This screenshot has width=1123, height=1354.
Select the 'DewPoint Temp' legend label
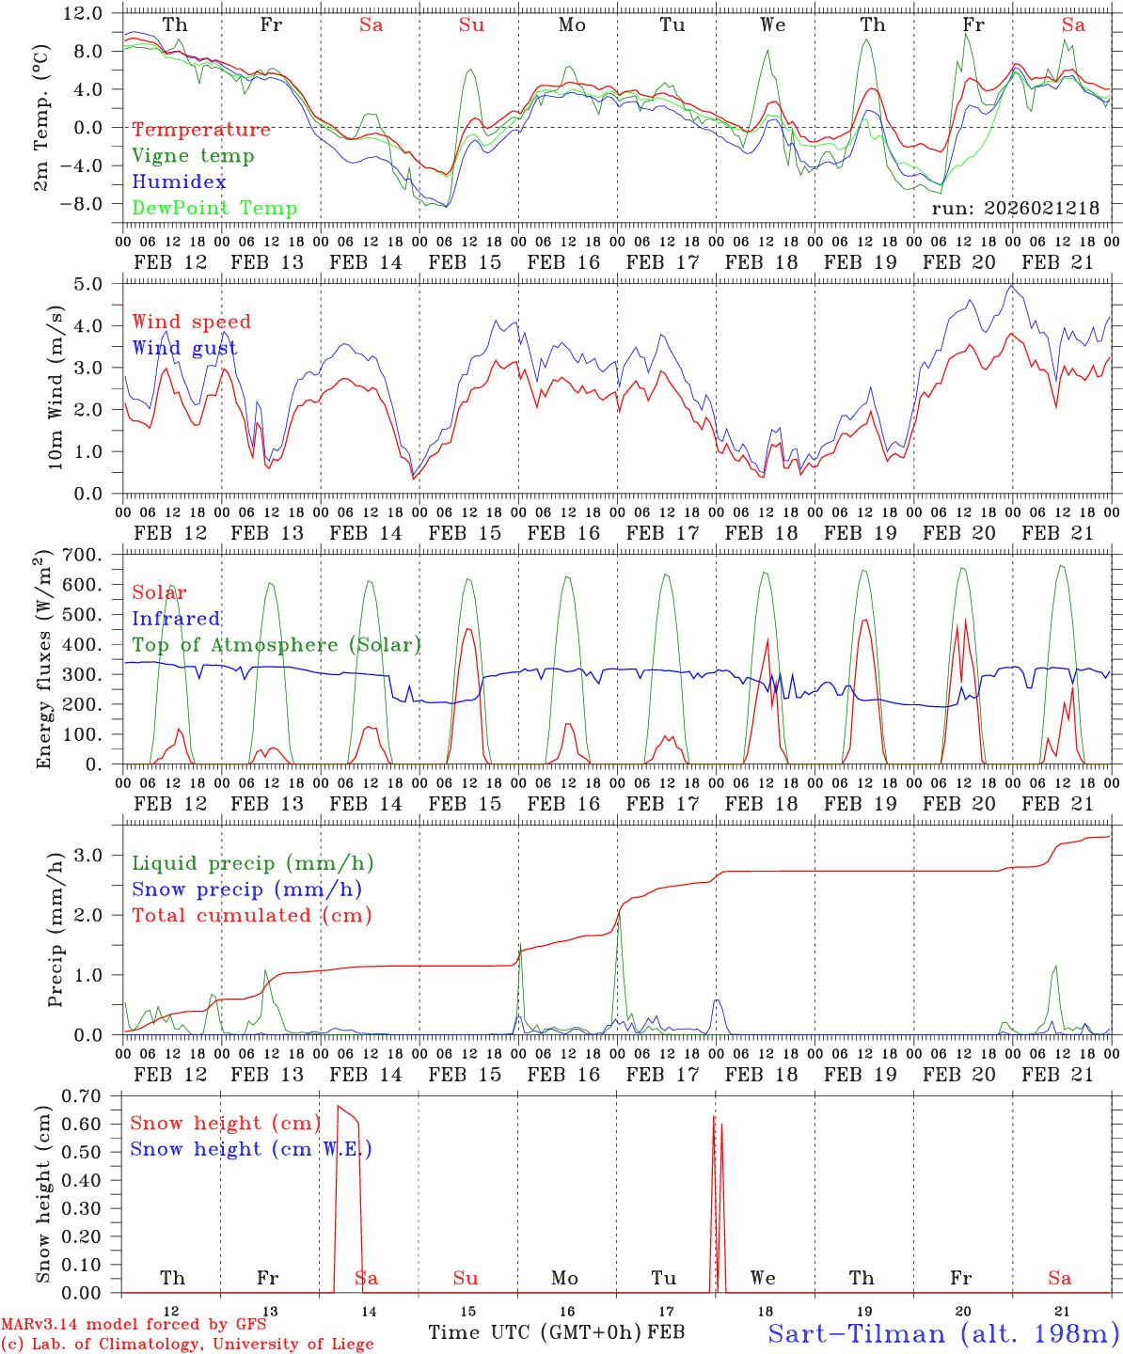(214, 209)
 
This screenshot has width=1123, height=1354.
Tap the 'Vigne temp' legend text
(193, 156)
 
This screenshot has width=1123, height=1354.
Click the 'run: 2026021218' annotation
(1015, 209)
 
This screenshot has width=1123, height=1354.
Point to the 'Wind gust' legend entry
(184, 348)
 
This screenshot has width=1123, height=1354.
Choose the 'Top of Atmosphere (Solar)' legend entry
(277, 645)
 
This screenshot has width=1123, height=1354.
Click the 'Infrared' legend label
(176, 619)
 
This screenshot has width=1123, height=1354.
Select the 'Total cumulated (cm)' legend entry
(251, 916)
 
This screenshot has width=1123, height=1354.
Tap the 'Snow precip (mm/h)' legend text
(246, 890)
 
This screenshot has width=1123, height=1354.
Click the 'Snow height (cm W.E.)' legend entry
(251, 1149)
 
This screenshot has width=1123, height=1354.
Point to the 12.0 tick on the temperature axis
(83, 14)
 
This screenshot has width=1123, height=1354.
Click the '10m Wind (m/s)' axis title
(55, 386)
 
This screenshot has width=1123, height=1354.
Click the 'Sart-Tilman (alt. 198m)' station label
(942, 1333)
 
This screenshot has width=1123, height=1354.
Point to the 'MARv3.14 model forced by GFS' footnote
(134, 1325)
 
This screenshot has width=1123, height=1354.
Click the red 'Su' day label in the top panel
(471, 25)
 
